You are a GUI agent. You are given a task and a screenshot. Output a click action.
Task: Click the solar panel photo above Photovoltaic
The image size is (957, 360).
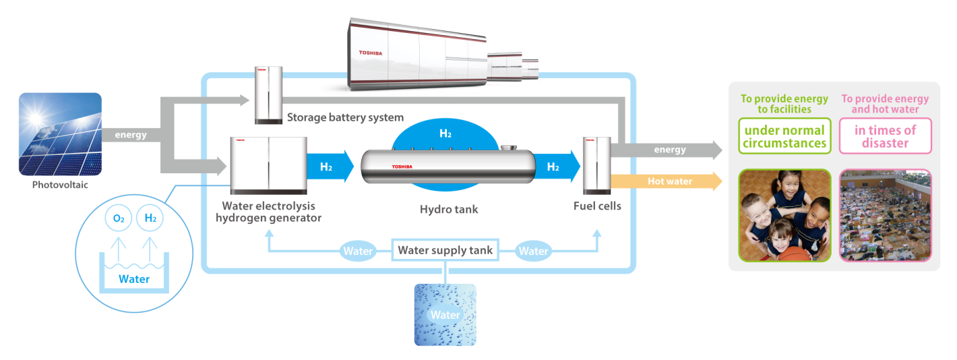click(x=60, y=134)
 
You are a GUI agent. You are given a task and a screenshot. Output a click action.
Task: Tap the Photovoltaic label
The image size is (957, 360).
click(x=60, y=185)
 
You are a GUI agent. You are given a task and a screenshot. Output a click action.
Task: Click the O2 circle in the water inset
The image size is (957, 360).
click(x=119, y=218)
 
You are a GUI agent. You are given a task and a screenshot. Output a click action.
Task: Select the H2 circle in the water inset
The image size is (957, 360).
click(x=150, y=218)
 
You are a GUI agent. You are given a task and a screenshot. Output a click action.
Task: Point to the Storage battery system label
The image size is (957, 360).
click(x=345, y=117)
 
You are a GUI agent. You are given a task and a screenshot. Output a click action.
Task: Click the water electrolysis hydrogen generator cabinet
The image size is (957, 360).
click(x=269, y=165)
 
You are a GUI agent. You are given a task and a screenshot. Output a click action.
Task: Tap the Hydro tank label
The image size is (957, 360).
click(x=449, y=209)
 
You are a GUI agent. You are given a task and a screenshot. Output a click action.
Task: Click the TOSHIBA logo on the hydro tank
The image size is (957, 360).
click(x=402, y=167)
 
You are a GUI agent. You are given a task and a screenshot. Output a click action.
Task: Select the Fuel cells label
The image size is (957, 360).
click(x=597, y=206)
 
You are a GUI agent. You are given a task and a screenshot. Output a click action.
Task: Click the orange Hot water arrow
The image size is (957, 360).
click(x=667, y=181)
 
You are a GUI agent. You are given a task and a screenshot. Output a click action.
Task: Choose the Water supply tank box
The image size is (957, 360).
click(x=445, y=250)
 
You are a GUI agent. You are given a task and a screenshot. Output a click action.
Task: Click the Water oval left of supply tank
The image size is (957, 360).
click(x=358, y=251)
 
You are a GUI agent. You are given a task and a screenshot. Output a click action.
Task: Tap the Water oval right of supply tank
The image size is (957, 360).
click(x=533, y=251)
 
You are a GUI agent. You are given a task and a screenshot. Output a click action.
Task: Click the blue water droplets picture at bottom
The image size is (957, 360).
click(x=445, y=315)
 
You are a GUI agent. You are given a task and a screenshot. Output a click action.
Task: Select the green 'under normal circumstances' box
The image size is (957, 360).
click(x=785, y=136)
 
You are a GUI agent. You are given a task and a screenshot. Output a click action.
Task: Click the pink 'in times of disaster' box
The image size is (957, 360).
click(x=886, y=136)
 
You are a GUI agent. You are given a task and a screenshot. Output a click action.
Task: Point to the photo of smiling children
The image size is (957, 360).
click(x=785, y=216)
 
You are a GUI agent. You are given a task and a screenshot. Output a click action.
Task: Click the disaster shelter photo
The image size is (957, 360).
click(x=886, y=216)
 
